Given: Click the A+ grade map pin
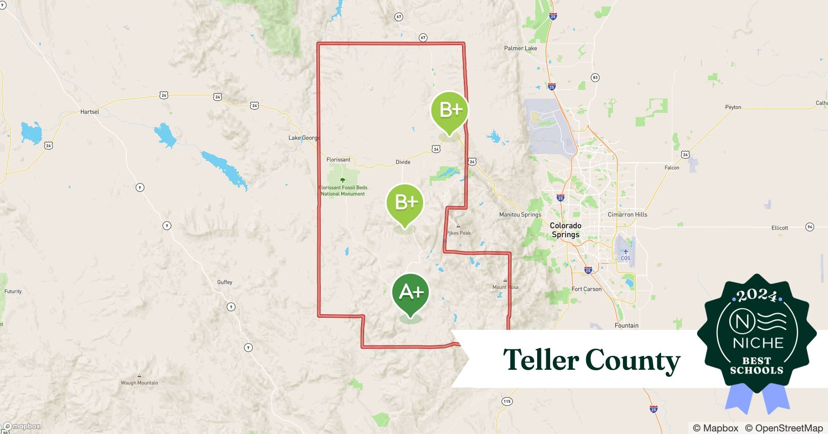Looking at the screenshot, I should [x=411, y=293].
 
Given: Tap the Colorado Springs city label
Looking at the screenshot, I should [x=565, y=230].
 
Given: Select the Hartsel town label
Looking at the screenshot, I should [x=90, y=112].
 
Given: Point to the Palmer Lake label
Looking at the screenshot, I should [x=520, y=48].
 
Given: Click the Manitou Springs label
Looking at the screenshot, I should [x=520, y=214].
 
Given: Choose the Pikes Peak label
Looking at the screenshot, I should [x=459, y=233].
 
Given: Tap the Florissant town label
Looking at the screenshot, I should [x=338, y=160].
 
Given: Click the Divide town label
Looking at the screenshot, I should [x=403, y=162].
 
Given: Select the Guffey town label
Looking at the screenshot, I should [x=225, y=282].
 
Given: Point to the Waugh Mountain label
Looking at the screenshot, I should [x=139, y=383].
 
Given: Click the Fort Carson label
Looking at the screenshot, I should [x=586, y=289].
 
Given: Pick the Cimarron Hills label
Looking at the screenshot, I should [x=627, y=214].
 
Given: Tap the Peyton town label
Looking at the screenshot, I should [x=733, y=107].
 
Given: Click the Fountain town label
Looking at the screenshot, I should [x=626, y=325].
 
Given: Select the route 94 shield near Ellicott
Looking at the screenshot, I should [x=809, y=227].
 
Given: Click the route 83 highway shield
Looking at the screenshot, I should [x=595, y=78].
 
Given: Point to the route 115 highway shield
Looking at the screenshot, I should [x=507, y=401].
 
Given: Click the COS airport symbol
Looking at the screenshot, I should [x=625, y=252].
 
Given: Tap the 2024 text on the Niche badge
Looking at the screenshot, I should [x=757, y=296].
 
